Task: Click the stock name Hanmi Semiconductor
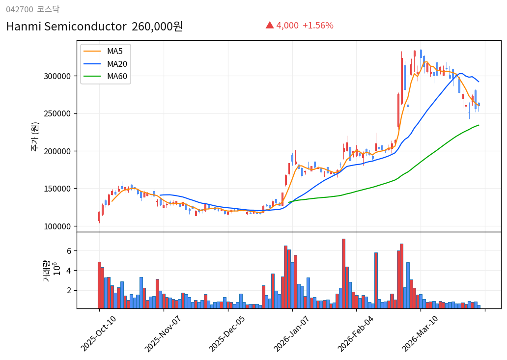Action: coord(66,27)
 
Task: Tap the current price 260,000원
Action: coord(157,27)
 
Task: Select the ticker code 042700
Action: coord(20,9)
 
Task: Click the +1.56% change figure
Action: coord(317,26)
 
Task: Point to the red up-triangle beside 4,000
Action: coord(270,25)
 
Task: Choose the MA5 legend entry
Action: coord(115,51)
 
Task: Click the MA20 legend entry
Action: coord(117,64)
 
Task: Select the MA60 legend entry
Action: coord(117,77)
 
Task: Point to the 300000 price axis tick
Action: coord(58,76)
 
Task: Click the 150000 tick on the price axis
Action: coord(58,189)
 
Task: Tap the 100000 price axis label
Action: coord(58,226)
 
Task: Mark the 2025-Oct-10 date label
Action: coord(99,333)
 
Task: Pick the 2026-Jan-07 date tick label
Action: coord(292,333)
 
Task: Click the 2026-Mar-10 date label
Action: coord(421,333)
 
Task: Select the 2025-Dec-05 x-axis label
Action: coord(227,333)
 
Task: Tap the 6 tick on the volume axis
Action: coord(69,251)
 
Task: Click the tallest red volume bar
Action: coord(343,274)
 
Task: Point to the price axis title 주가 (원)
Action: coord(35,136)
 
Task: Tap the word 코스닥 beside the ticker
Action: coord(48,9)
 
